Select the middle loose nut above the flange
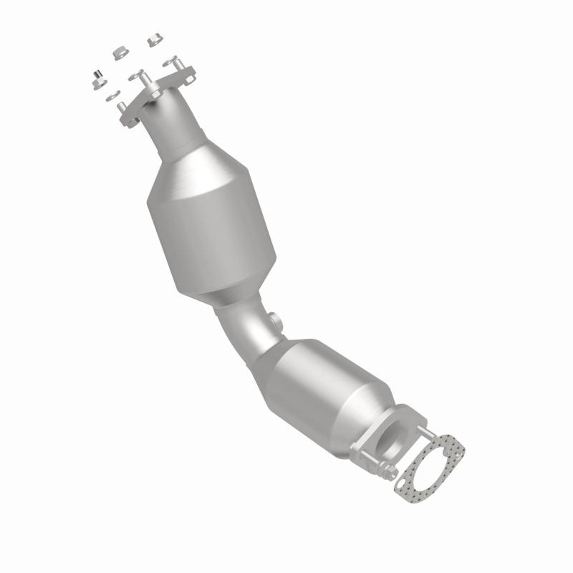click(120, 54)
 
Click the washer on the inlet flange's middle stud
click(136, 74)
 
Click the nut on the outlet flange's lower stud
click(387, 473)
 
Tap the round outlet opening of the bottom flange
click(395, 437)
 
